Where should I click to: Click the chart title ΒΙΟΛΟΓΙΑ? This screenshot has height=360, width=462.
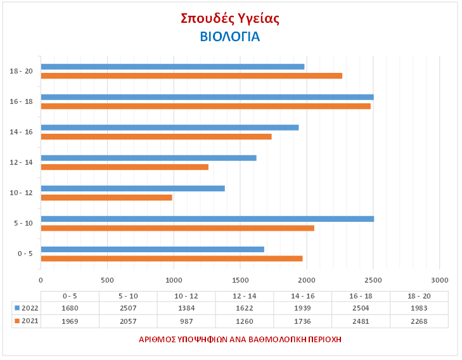tap(230, 37)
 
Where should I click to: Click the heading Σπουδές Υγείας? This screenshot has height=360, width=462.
tap(230, 18)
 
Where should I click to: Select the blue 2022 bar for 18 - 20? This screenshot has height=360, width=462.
tap(172, 67)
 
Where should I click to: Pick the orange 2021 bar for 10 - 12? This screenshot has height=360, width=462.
tap(106, 197)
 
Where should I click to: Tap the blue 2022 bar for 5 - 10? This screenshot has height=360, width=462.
tap(207, 219)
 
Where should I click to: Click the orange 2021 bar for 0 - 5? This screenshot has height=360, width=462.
tap(172, 258)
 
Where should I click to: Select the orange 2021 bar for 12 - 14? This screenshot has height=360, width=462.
tap(124, 167)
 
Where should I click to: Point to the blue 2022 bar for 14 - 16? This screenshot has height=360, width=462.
tap(169, 127)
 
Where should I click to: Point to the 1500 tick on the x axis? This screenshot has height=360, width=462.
tap(240, 280)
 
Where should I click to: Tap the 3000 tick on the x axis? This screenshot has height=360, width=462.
tap(439, 280)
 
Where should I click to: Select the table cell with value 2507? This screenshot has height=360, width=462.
tap(128, 308)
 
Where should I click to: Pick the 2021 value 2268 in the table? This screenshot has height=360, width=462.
tap(419, 321)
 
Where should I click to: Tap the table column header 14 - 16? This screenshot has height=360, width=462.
tap(303, 296)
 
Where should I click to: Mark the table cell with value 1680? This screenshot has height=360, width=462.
tap(70, 308)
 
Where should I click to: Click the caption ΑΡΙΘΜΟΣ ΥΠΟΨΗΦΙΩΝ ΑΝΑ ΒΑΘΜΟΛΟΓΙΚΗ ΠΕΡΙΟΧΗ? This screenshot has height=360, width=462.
tap(240, 339)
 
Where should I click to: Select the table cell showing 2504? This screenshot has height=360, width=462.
tap(361, 308)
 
